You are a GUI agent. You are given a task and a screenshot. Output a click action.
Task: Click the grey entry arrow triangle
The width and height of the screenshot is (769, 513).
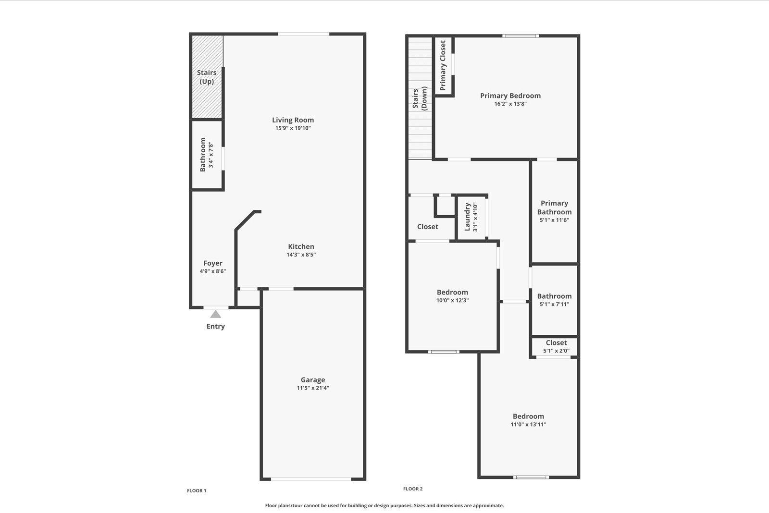(x=216, y=314)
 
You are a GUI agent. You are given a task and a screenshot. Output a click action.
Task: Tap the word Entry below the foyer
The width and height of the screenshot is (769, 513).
(x=216, y=327)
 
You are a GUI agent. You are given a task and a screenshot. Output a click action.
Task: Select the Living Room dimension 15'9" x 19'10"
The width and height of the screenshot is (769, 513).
(x=293, y=128)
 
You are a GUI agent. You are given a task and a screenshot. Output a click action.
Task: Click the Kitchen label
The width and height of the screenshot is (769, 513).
(x=301, y=246)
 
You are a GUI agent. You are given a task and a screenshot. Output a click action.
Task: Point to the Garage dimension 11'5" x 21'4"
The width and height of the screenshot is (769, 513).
(x=313, y=388)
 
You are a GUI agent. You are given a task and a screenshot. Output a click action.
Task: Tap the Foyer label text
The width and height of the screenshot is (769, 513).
(x=213, y=263)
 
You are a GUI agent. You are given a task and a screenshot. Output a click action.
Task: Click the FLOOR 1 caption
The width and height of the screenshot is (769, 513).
(x=197, y=491)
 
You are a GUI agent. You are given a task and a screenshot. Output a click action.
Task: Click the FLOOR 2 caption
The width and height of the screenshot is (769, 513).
(x=413, y=489)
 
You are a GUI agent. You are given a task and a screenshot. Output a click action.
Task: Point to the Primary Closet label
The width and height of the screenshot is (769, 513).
(x=443, y=65)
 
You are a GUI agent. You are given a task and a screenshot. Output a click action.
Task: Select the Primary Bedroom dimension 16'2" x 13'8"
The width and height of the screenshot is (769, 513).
(x=510, y=104)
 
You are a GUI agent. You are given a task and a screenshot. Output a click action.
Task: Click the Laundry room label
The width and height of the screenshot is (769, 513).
(x=467, y=217)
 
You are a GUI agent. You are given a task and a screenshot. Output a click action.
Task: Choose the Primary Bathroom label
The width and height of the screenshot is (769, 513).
(x=554, y=208)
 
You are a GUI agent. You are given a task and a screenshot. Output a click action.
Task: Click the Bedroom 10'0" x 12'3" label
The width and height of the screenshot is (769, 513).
(x=452, y=292)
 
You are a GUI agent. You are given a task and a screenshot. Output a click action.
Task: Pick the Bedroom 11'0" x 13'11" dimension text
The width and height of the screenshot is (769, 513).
(x=528, y=425)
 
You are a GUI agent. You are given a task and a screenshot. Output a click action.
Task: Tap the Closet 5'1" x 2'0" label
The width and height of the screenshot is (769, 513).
(x=556, y=342)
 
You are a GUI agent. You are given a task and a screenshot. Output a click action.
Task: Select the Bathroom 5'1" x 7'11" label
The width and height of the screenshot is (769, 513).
(x=554, y=296)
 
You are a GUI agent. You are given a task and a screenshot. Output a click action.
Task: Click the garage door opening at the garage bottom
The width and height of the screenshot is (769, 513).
(x=311, y=479)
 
